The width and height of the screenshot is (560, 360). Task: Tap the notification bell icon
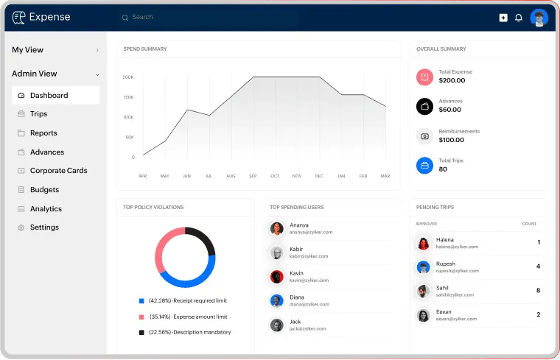click(519, 18)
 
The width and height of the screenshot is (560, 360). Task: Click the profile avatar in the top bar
click(539, 18)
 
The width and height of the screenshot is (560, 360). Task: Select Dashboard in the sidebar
click(49, 95)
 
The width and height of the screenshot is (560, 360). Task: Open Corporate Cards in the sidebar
click(58, 171)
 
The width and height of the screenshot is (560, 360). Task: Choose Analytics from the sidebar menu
click(46, 209)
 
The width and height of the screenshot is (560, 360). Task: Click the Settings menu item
click(44, 227)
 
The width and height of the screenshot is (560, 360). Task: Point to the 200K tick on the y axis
click(128, 77)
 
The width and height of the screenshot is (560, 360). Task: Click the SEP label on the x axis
click(253, 176)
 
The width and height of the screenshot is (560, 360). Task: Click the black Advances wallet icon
click(424, 106)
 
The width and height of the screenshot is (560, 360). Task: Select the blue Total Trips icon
click(424, 165)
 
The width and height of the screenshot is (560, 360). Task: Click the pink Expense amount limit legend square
click(141, 317)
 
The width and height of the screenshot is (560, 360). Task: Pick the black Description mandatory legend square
click(141, 332)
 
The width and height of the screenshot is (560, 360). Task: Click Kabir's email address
click(309, 256)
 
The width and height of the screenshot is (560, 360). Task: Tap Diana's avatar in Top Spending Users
click(277, 300)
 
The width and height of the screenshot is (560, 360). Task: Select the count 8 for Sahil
click(538, 291)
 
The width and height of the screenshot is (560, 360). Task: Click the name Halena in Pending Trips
click(445, 239)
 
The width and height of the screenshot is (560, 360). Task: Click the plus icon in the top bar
click(503, 18)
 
